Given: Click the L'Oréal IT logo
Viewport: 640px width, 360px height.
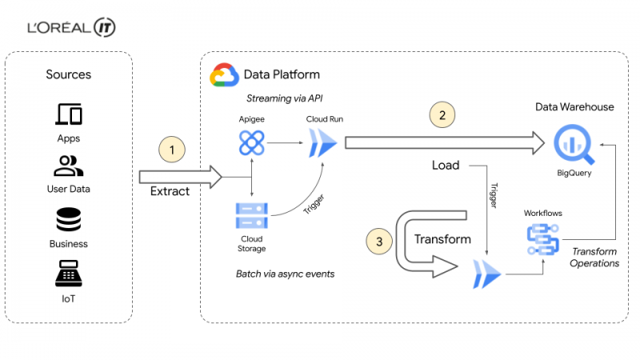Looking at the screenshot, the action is [71, 27].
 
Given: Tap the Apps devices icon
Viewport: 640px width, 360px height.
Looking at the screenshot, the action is [69, 114].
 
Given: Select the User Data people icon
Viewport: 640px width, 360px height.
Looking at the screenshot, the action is [68, 166].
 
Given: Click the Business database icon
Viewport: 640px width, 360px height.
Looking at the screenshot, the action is [69, 219].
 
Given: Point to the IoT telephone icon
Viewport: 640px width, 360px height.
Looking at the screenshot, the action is [69, 274].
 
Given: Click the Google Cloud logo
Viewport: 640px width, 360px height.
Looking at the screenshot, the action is [224, 74].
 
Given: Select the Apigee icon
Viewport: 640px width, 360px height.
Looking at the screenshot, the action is [251, 143].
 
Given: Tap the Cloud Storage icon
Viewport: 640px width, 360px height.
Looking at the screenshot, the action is [252, 215].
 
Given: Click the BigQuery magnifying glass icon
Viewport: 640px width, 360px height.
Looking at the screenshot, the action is [574, 144].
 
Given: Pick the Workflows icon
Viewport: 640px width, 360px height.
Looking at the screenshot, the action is [543, 239].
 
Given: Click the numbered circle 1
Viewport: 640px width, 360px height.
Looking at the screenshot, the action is [172, 150].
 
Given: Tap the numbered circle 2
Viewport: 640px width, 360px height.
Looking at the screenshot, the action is [442, 114].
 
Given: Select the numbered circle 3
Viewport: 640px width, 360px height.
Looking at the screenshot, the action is [379, 242].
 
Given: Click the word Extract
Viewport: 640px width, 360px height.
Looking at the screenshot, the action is [170, 191].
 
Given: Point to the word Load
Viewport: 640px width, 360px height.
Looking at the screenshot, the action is [446, 165].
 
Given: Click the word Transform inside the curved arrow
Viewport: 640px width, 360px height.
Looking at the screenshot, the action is [442, 238].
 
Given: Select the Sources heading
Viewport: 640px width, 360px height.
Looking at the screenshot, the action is [69, 74].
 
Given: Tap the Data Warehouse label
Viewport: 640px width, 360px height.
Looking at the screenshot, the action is [574, 107].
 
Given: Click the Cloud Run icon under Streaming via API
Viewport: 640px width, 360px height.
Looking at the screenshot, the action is [323, 143].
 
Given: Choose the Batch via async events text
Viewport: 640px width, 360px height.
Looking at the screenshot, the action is [285, 274].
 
